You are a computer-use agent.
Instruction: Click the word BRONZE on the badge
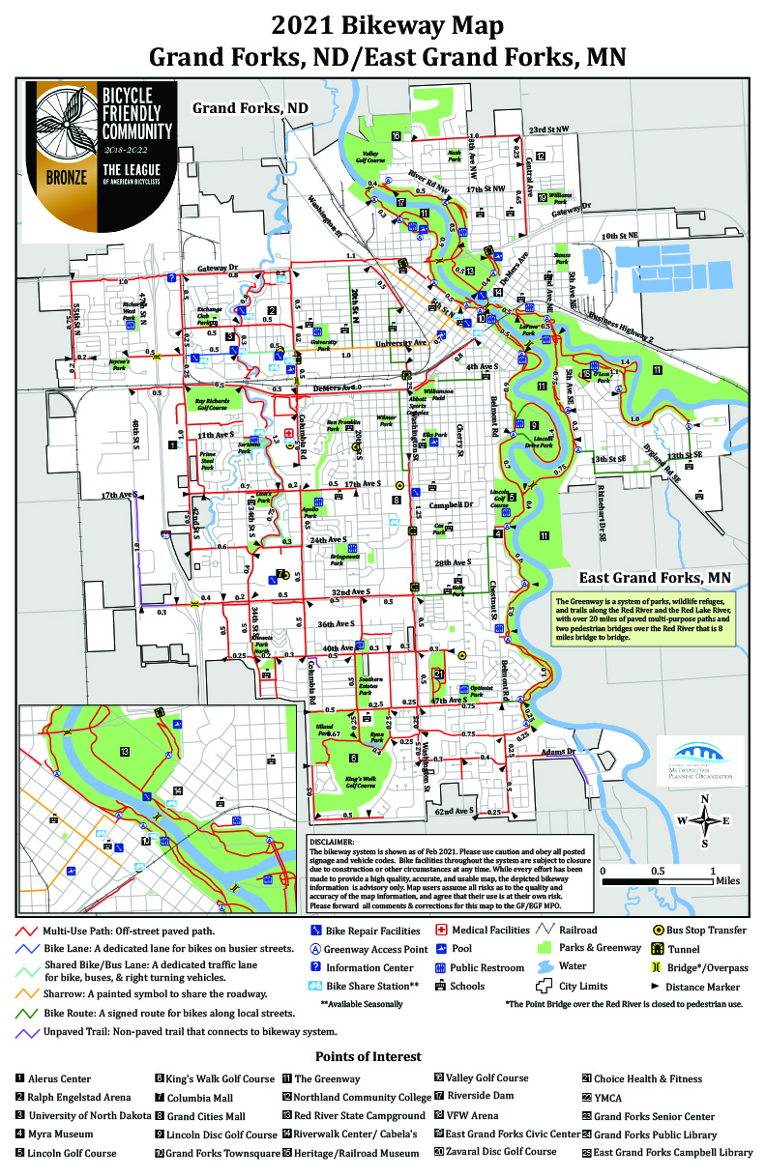66,177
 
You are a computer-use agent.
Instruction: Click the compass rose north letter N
705,798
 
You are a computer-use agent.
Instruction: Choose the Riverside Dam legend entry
485,1097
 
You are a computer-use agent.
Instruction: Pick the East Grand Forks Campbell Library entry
672,1152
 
